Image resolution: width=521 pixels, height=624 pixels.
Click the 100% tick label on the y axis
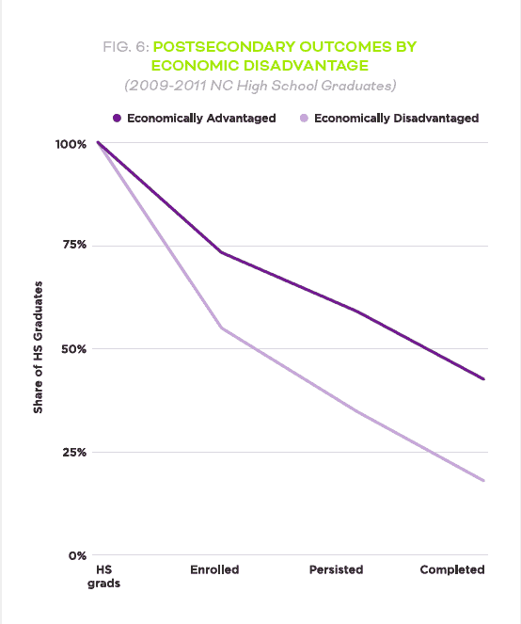[71, 144]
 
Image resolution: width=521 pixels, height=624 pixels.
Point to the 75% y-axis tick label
[74, 245]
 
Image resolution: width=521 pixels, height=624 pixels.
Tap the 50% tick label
[73, 349]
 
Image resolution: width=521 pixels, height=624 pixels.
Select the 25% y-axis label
[74, 453]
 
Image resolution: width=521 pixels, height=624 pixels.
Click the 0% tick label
[77, 556]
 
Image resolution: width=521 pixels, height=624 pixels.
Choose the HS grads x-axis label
[103, 577]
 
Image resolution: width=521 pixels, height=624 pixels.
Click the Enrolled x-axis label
[214, 569]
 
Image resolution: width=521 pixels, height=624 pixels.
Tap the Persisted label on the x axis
[336, 569]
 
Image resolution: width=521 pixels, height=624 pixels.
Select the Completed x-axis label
[452, 569]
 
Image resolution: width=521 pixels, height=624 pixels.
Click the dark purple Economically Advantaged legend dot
[117, 119]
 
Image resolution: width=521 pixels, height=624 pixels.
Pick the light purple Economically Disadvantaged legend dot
[304, 119]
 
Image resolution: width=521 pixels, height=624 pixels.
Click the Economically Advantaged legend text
[201, 119]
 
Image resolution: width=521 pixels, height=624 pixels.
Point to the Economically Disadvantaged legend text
[397, 119]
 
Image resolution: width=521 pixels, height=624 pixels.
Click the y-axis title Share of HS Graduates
[38, 347]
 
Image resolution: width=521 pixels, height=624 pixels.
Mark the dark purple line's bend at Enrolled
[221, 252]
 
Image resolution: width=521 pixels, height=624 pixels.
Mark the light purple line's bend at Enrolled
[222, 328]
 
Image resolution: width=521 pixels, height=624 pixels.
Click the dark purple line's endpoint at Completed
[483, 379]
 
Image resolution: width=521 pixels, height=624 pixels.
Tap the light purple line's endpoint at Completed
[483, 481]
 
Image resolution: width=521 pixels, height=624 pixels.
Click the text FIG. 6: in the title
[126, 47]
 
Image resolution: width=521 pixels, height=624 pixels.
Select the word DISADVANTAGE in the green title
[306, 66]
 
